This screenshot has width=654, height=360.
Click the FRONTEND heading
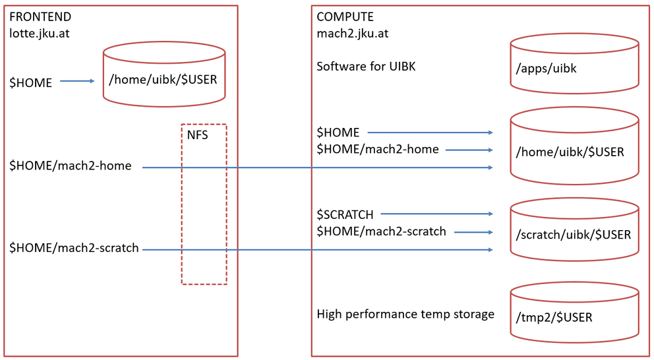point(40,16)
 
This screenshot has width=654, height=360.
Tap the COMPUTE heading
point(345,16)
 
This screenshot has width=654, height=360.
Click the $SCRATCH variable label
point(345,214)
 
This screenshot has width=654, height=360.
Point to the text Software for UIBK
point(366,67)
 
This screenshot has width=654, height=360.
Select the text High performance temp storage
point(405,314)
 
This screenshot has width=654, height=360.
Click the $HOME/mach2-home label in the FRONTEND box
point(71,166)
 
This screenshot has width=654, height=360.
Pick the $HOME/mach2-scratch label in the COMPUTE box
point(381,231)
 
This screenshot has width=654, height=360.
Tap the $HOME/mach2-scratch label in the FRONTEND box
point(74,248)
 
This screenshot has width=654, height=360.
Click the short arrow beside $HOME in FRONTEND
point(77,81)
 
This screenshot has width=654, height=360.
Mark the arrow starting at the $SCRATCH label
point(436,214)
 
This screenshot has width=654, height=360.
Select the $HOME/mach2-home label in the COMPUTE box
point(378,149)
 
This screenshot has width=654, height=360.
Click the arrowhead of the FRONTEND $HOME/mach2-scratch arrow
point(490,250)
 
